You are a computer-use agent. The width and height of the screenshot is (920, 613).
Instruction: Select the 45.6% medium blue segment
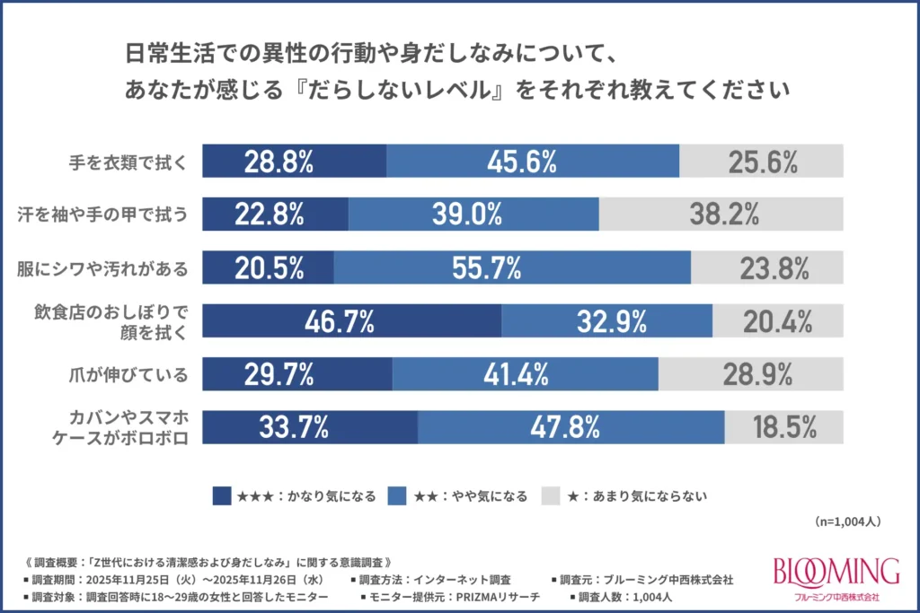pyautogui.click(x=532, y=161)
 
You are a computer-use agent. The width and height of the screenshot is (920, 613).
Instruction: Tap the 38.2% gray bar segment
pyautogui.click(x=722, y=214)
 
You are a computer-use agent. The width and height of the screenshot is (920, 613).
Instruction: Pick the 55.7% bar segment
pyautogui.click(x=511, y=267)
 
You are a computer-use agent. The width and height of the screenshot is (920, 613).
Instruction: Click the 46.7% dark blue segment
pyautogui.click(x=351, y=320)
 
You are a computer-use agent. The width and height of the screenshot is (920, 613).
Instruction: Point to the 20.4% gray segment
pyautogui.click(x=778, y=320)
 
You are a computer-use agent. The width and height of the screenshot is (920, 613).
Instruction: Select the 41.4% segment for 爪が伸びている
pyautogui.click(x=525, y=372)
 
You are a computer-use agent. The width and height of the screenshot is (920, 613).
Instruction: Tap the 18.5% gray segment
pyautogui.click(x=784, y=425)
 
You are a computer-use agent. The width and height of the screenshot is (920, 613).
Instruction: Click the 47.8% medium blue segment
pyautogui.click(x=571, y=425)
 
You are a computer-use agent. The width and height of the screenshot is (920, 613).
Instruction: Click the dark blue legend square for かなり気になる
pyautogui.click(x=222, y=495)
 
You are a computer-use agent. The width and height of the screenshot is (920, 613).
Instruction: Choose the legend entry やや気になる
pyautogui.click(x=466, y=495)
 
